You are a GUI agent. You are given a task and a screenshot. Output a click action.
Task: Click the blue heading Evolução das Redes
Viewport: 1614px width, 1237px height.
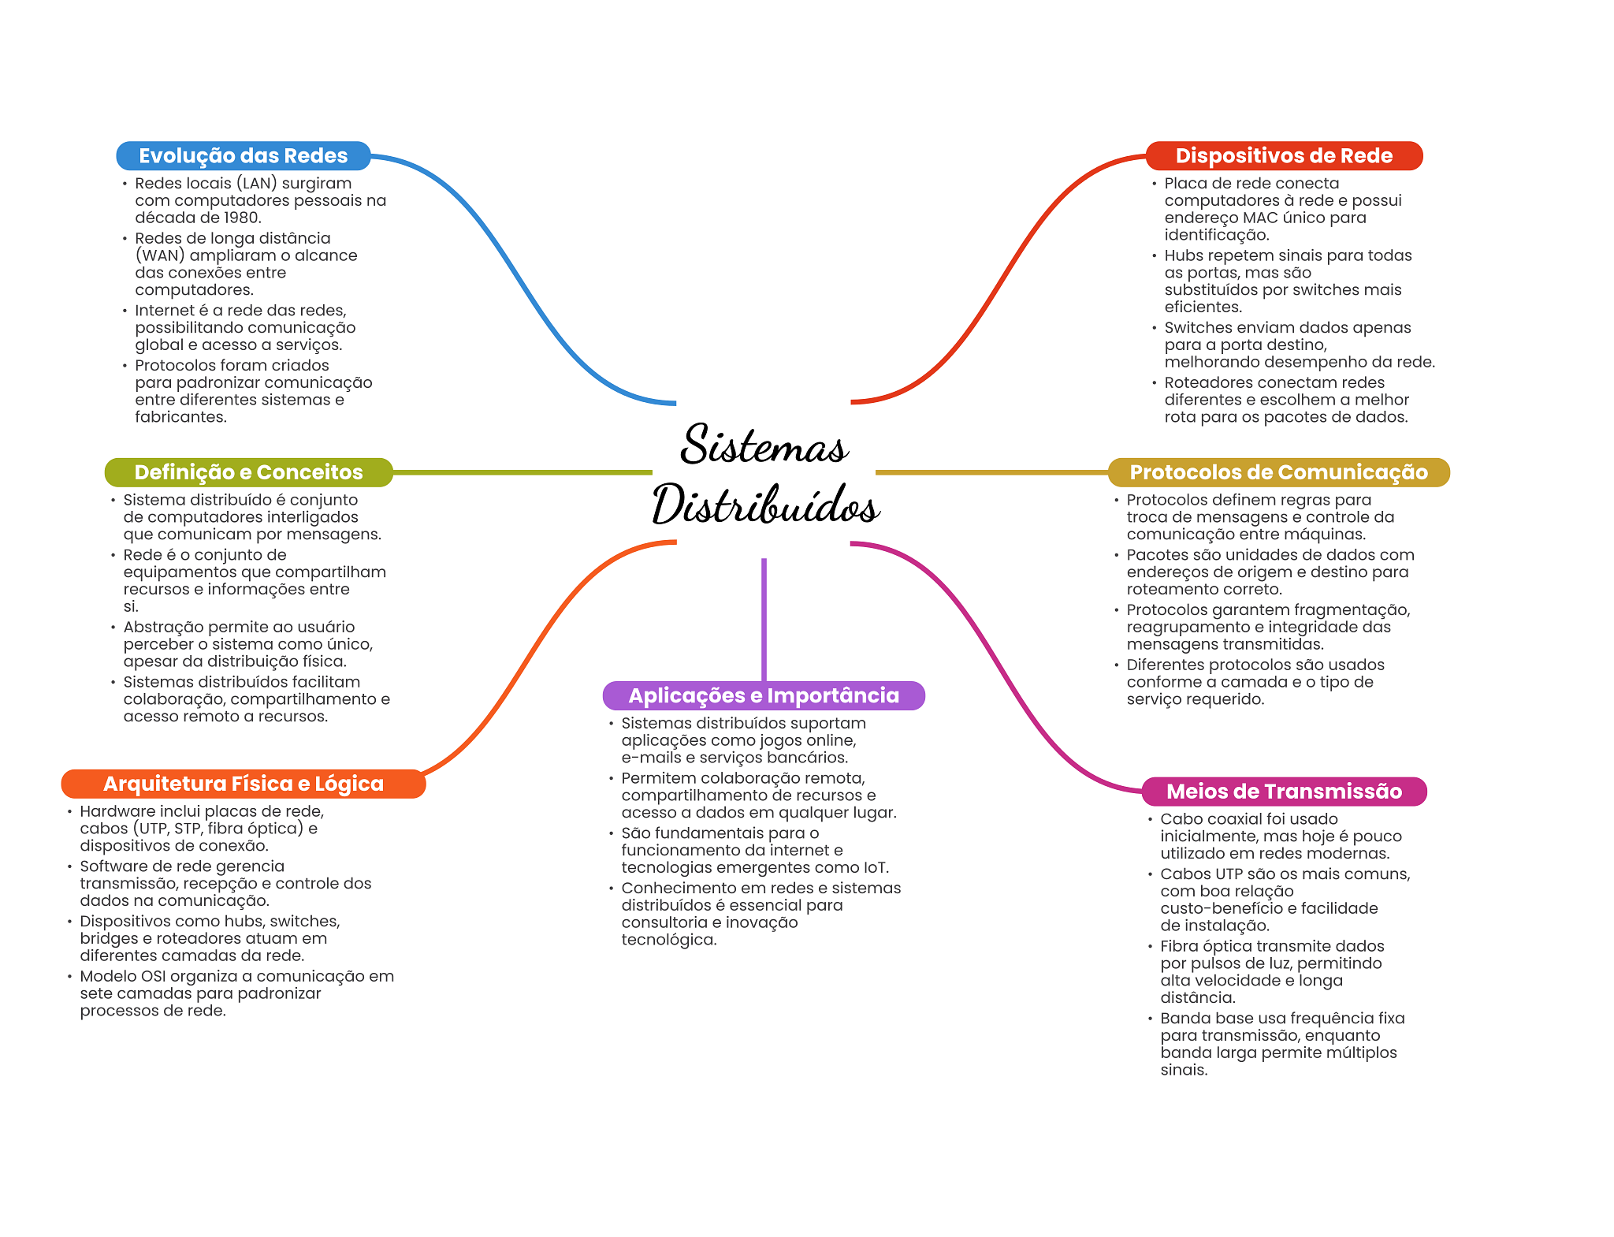click(x=243, y=156)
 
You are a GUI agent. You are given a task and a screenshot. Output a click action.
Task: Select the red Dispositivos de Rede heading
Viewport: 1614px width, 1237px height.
click(x=1284, y=156)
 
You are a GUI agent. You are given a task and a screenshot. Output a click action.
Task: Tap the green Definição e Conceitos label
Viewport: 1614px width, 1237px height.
click(x=248, y=472)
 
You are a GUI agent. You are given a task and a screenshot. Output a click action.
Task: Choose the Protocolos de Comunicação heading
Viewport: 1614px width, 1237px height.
click(x=1278, y=472)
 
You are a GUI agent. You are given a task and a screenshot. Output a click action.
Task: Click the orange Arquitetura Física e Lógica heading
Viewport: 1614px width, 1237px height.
click(x=244, y=784)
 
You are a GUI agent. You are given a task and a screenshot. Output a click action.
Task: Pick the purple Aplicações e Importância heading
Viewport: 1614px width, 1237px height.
click(x=764, y=695)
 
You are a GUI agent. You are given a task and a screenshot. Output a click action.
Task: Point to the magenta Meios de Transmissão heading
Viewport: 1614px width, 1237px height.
click(x=1284, y=792)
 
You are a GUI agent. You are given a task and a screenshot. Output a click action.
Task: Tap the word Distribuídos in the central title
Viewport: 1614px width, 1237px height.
click(x=766, y=505)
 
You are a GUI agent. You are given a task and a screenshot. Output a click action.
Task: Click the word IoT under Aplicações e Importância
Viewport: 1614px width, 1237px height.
click(x=876, y=867)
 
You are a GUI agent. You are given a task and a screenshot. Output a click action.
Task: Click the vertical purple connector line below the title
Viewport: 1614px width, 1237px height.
click(x=764, y=620)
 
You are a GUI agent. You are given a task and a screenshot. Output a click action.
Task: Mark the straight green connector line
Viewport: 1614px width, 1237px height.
click(x=523, y=472)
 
